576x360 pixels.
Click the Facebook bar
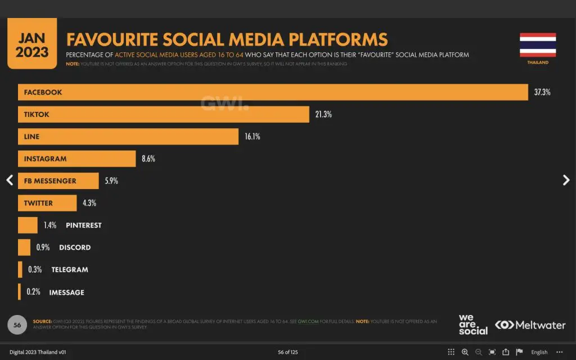click(x=273, y=92)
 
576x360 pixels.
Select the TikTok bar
click(x=163, y=114)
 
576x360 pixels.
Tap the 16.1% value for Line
click(x=252, y=137)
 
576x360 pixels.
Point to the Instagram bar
click(x=76, y=159)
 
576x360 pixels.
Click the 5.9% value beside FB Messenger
click(x=111, y=181)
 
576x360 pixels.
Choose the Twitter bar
click(x=47, y=203)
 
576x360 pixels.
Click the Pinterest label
click(x=83, y=225)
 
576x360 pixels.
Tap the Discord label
click(x=75, y=247)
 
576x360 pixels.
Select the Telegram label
click(x=70, y=269)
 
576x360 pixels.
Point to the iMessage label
click(x=66, y=292)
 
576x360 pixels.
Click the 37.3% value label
click(x=542, y=92)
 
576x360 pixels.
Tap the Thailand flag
click(x=538, y=45)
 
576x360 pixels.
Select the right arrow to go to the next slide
click(x=566, y=180)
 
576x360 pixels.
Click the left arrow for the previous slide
click(x=9, y=180)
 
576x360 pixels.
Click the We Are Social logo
click(x=472, y=325)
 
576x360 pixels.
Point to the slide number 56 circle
click(x=17, y=325)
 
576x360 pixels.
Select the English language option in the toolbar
click(x=539, y=352)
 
